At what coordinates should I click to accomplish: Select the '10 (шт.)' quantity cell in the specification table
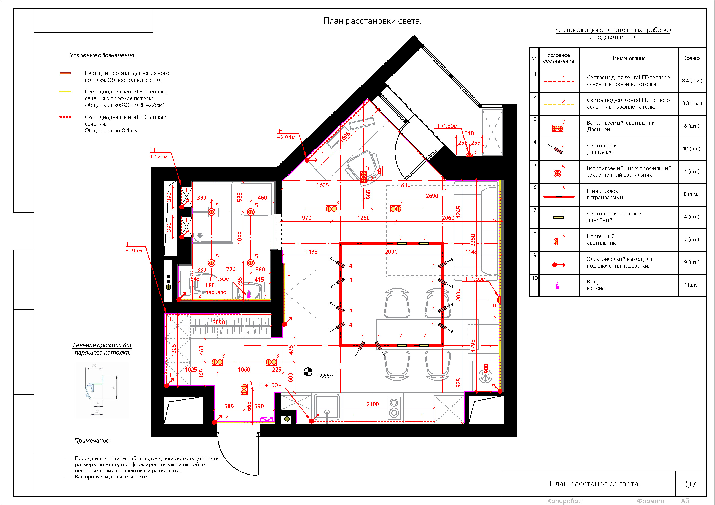tap(691, 149)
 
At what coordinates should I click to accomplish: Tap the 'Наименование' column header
tap(628, 58)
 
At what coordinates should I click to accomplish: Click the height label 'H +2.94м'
tap(286, 134)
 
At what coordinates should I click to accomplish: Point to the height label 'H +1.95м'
tap(133, 247)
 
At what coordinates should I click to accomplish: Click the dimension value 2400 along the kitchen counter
tap(373, 404)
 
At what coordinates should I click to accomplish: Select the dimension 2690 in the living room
tap(432, 196)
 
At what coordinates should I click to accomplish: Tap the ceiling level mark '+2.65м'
tap(324, 376)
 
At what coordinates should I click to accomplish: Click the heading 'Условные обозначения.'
tap(102, 55)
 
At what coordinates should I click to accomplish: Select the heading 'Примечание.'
tap(92, 441)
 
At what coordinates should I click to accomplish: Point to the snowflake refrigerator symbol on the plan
tap(485, 377)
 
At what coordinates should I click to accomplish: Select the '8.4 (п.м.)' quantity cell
tap(692, 81)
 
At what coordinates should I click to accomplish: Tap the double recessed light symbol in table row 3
tap(557, 128)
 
